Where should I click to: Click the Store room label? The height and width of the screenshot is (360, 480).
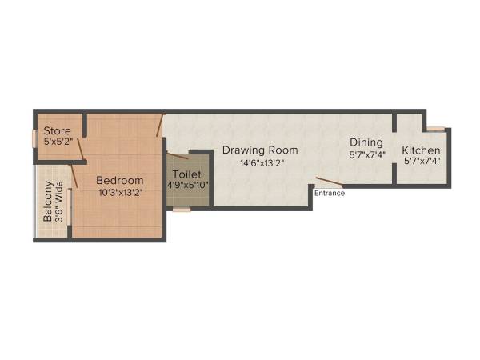click(58, 131)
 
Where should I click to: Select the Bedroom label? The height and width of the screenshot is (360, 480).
click(121, 180)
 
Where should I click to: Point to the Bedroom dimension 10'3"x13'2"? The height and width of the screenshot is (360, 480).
click(121, 192)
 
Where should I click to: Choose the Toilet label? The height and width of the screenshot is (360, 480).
click(189, 174)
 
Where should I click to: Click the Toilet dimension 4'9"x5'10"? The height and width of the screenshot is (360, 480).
click(189, 185)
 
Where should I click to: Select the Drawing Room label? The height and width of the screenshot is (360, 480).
click(260, 150)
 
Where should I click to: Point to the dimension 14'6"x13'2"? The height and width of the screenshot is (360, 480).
click(262, 162)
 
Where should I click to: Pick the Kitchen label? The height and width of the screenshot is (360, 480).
click(421, 150)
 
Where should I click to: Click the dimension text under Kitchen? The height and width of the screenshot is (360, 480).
click(422, 162)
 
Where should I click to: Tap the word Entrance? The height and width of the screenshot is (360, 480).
click(330, 193)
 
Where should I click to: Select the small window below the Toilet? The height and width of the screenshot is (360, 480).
click(182, 210)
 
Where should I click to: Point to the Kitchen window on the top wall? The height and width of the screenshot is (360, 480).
click(434, 127)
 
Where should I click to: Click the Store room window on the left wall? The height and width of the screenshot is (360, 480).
click(35, 138)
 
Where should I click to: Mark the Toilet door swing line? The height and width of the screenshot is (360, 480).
click(178, 154)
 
